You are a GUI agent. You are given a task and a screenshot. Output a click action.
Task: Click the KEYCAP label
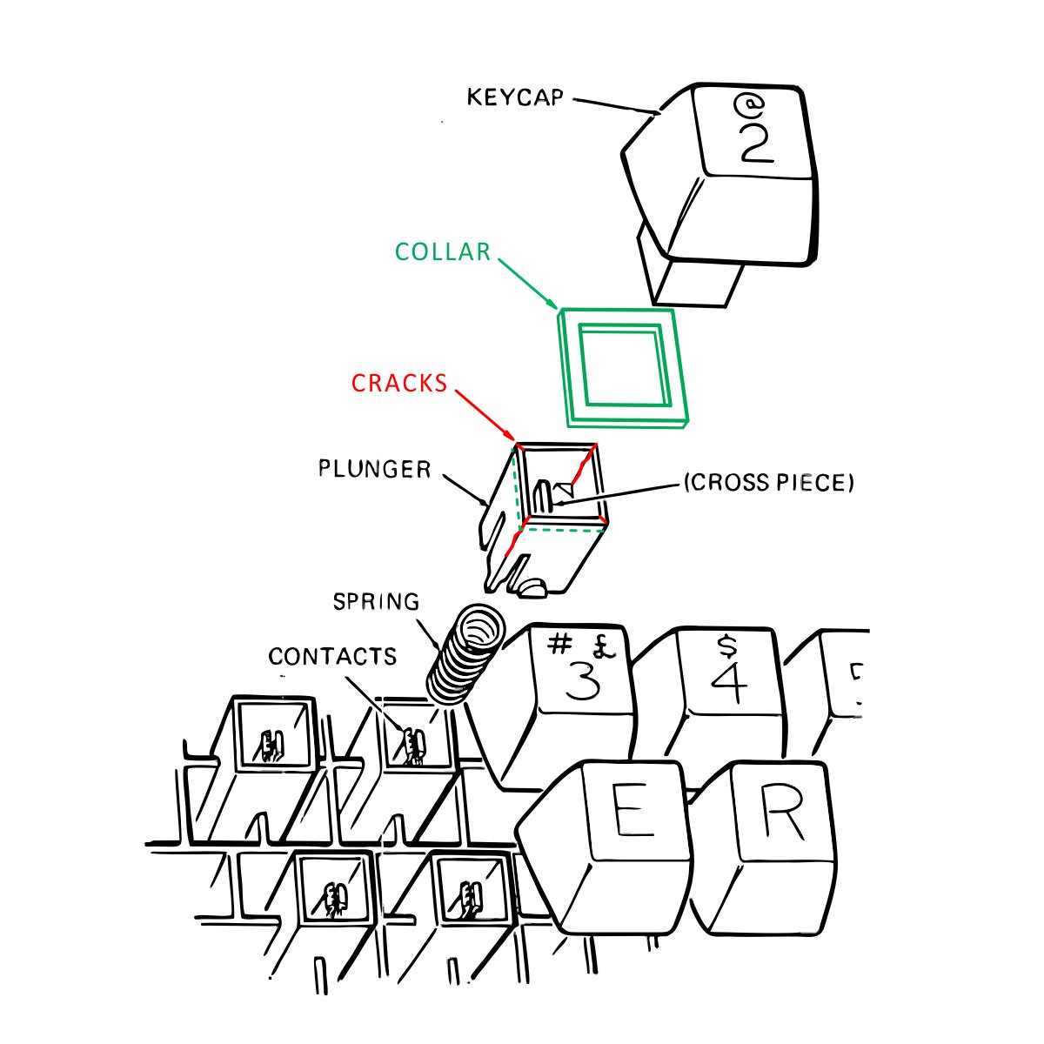(515, 96)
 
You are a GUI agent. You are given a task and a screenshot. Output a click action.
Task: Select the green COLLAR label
(443, 252)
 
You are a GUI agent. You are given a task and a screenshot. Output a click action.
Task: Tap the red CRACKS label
(399, 383)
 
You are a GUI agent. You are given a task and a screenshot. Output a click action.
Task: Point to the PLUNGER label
(374, 470)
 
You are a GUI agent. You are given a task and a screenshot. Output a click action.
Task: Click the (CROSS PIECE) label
(768, 482)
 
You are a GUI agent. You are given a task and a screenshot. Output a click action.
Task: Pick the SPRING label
(376, 602)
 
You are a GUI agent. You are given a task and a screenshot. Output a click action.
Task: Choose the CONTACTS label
(332, 656)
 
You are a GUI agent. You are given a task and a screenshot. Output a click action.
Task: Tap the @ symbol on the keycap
(747, 105)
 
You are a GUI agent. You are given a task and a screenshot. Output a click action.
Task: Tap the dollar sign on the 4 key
(726, 646)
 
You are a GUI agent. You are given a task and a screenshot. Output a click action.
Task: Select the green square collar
(624, 367)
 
